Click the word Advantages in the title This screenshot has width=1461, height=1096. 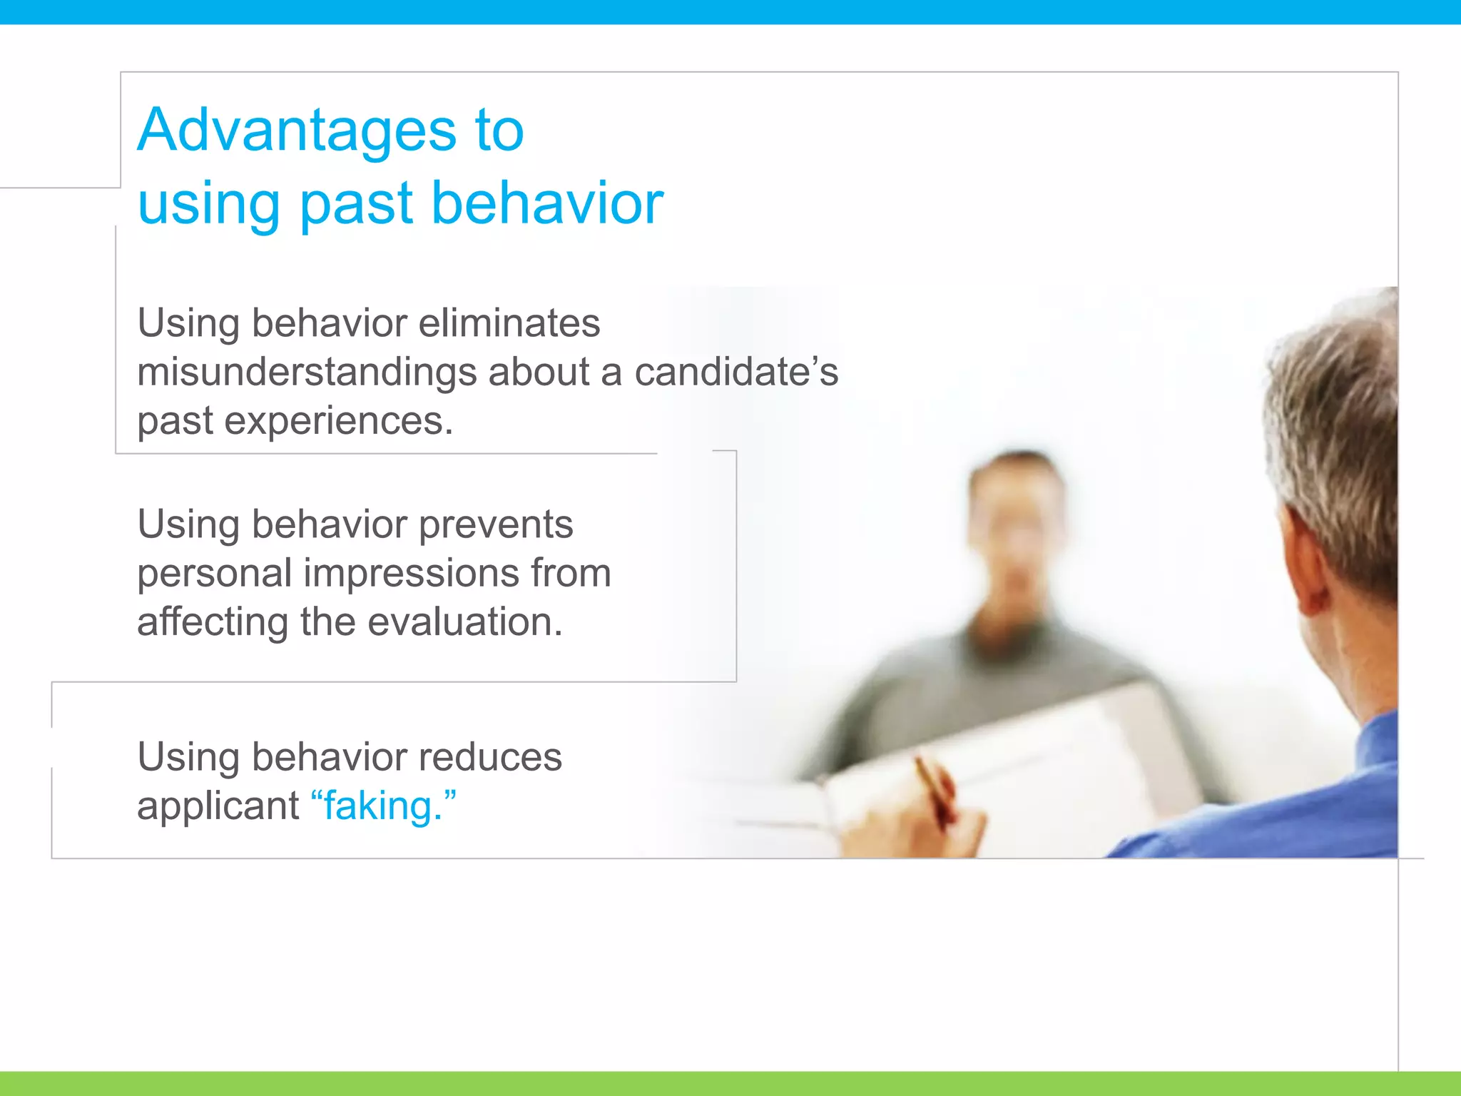click(x=296, y=131)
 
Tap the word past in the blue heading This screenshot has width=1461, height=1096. click(x=356, y=204)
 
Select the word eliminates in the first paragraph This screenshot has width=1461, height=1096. click(x=509, y=323)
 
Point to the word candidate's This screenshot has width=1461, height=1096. click(x=736, y=372)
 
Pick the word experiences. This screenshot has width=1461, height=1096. click(x=338, y=421)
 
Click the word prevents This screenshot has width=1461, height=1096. click(x=496, y=524)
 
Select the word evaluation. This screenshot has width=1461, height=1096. click(x=464, y=621)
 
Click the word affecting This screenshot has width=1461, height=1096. click(x=213, y=621)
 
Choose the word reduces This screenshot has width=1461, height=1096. click(x=490, y=757)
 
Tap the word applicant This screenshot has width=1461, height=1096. click(x=218, y=806)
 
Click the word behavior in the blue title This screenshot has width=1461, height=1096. click(x=547, y=204)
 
